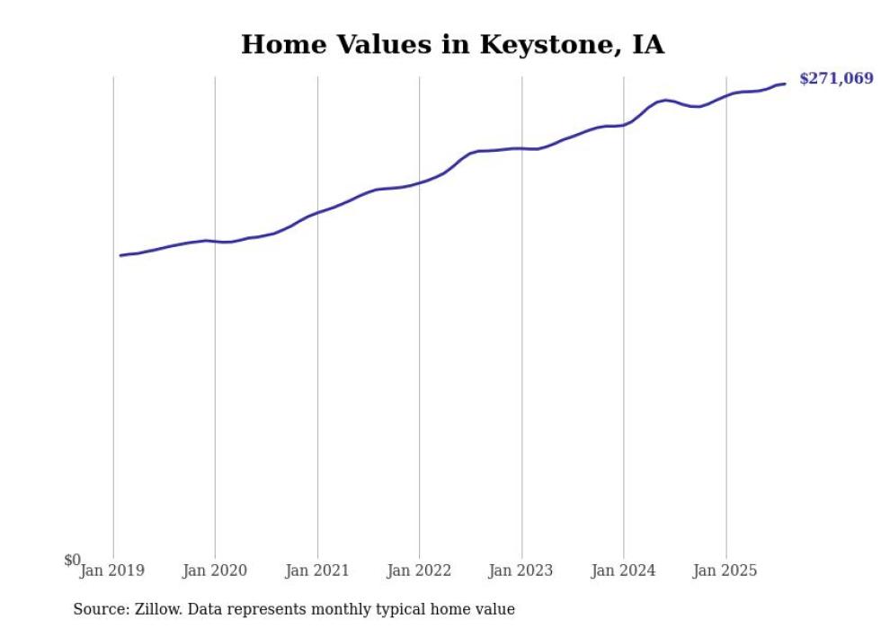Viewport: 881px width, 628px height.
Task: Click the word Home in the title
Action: click(x=277, y=45)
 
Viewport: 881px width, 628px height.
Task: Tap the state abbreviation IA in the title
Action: click(x=647, y=45)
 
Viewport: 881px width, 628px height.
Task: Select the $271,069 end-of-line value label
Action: click(x=835, y=79)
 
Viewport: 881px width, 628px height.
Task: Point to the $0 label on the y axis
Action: click(x=72, y=561)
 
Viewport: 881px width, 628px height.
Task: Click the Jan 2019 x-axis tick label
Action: click(x=112, y=571)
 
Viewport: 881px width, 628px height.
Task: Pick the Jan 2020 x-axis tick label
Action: click(x=214, y=571)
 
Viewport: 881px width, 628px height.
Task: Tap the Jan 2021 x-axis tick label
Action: click(x=316, y=571)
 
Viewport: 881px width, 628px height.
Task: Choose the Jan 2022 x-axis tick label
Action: click(x=418, y=571)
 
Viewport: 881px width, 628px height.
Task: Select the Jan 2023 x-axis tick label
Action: click(x=521, y=571)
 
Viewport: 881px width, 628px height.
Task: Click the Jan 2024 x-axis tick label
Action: click(x=623, y=571)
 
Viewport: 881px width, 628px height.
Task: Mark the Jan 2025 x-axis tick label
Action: click(x=725, y=571)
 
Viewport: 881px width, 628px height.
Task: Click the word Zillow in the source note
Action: click(x=158, y=609)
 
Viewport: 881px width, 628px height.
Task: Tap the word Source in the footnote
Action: click(x=100, y=609)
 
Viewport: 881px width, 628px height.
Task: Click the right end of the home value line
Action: click(x=785, y=84)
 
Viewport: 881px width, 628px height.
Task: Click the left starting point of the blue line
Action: click(x=120, y=255)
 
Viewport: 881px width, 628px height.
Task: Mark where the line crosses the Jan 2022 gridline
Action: click(x=419, y=182)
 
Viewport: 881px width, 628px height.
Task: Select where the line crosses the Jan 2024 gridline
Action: click(x=624, y=125)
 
